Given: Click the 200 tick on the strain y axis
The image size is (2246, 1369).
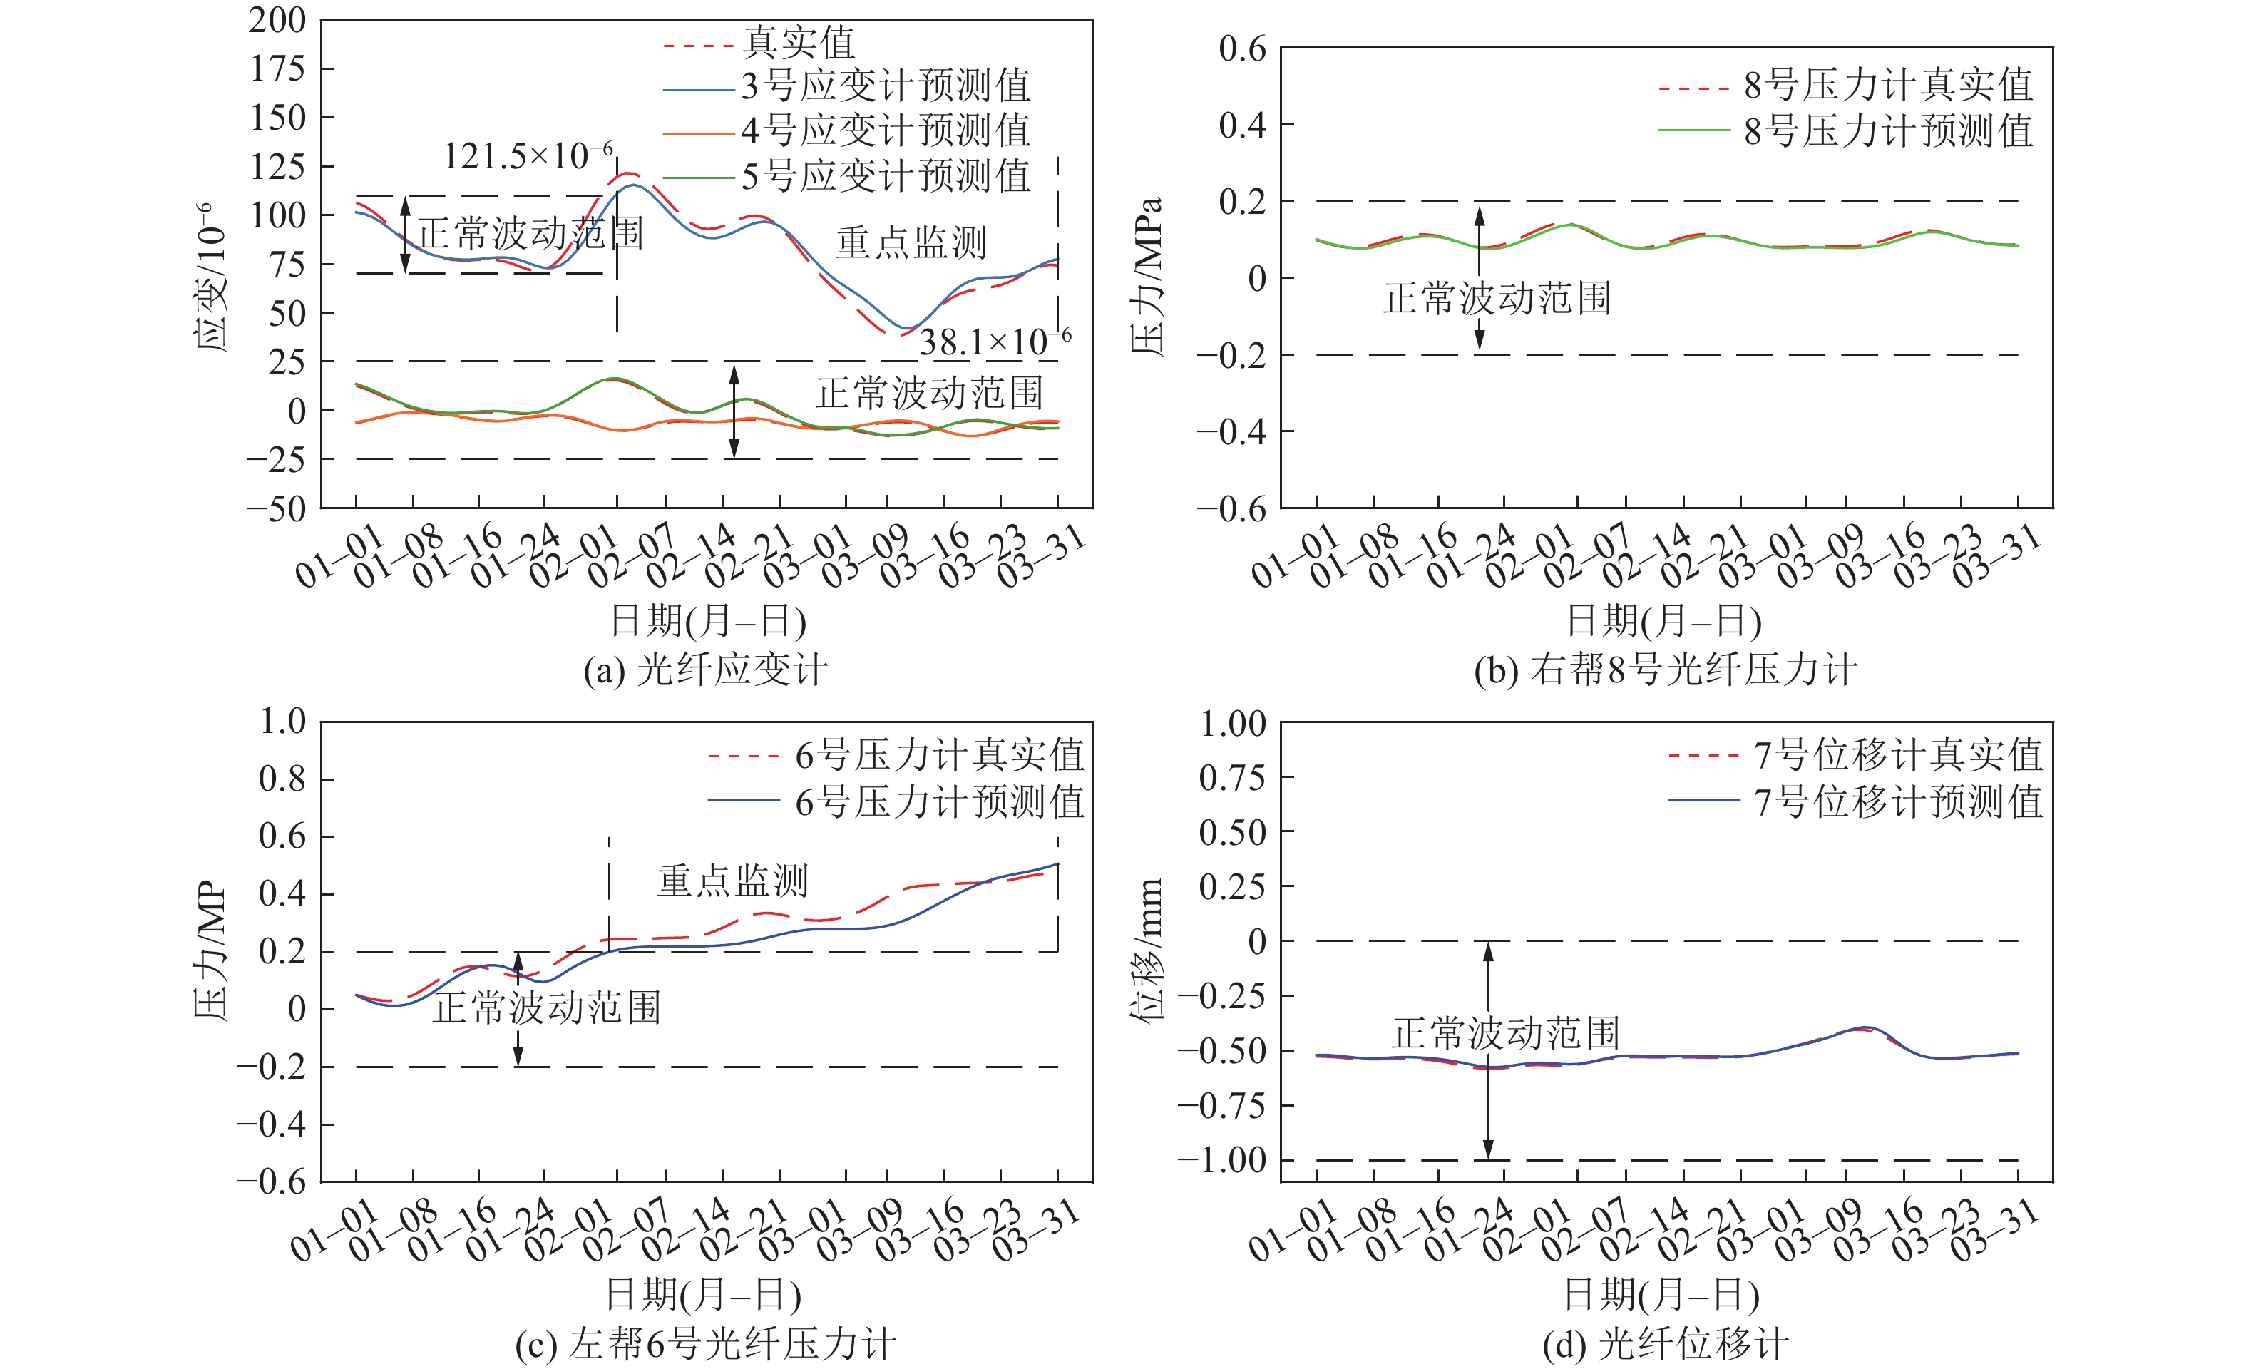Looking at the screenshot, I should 277,20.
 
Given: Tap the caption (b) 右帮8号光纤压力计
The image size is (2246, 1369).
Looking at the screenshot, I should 1666,670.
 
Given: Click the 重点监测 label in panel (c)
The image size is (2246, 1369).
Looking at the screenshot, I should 733,881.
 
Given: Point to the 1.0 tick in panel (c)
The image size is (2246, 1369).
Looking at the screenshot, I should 282,722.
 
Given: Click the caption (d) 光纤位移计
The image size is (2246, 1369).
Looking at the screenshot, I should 1666,1344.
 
